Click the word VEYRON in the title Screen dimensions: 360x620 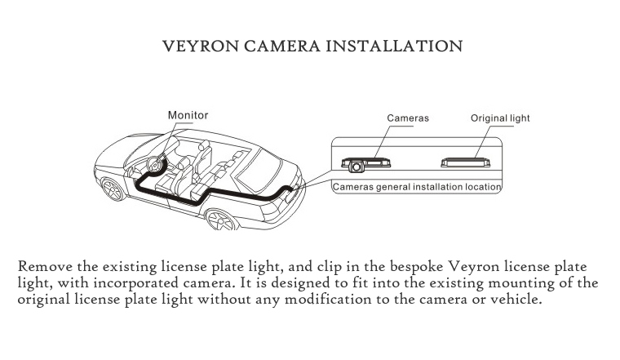pos(197,45)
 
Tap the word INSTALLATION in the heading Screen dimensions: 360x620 pos(394,45)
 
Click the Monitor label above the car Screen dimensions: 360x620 pos(188,115)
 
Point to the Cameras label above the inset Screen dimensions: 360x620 pos(407,118)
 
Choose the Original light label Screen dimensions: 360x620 pos(500,118)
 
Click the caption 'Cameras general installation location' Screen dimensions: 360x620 pos(417,187)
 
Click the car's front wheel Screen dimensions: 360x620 pos(115,190)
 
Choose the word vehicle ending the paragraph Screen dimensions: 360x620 pos(516,299)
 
